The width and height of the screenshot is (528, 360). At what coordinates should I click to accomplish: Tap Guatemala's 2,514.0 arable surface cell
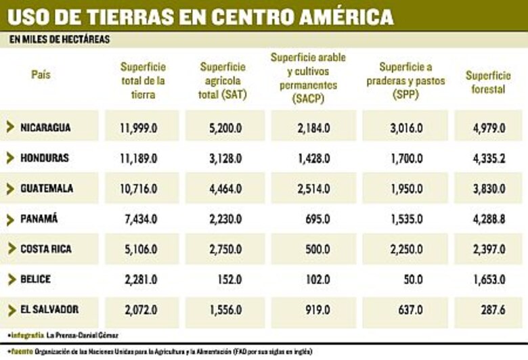(x=313, y=188)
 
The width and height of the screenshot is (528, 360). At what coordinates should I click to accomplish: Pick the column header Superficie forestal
(x=488, y=82)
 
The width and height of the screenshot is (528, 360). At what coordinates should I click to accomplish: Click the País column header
(x=41, y=74)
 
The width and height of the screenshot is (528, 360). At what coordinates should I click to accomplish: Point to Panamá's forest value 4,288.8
(x=489, y=219)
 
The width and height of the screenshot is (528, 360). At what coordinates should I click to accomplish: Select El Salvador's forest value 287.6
(x=491, y=309)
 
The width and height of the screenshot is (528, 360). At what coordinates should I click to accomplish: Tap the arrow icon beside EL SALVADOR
(x=11, y=310)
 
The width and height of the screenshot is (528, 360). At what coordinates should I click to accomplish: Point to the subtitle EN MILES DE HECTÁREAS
(x=60, y=40)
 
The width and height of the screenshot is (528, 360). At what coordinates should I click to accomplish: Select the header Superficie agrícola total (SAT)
(x=223, y=81)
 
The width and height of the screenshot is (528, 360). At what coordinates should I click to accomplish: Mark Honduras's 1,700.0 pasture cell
(x=407, y=158)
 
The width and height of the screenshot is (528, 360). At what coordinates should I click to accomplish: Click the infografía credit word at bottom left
(x=27, y=335)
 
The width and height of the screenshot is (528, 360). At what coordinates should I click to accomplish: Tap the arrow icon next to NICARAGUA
(x=11, y=127)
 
